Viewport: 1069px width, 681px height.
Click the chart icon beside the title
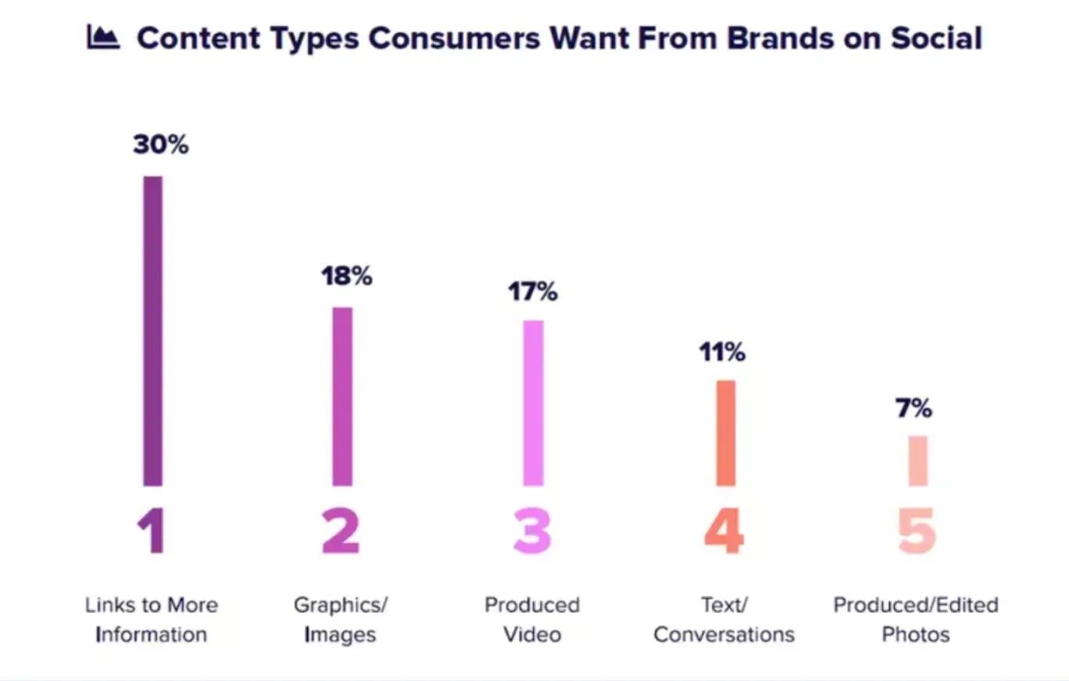[x=103, y=38]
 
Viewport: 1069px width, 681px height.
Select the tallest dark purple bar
[x=153, y=330]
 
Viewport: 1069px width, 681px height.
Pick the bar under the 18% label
[x=342, y=396]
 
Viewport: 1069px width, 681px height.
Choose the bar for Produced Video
[x=533, y=403]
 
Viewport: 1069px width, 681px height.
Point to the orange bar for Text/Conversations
[x=725, y=432]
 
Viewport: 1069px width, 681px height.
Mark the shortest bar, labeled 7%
[x=917, y=461]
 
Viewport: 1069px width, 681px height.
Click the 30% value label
[x=160, y=145]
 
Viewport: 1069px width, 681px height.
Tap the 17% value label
[x=532, y=292]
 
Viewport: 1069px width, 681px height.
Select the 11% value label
[x=722, y=353]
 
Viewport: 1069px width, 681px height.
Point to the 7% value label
[x=913, y=408]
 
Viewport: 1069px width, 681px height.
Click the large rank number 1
[x=151, y=531]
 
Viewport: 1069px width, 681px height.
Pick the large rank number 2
[x=341, y=531]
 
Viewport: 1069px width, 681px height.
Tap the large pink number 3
[x=532, y=531]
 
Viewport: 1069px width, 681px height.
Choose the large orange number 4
[x=724, y=531]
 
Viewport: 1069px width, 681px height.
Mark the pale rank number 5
[x=917, y=531]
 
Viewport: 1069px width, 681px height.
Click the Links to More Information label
[x=151, y=619]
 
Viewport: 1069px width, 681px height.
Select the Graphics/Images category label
[x=341, y=619]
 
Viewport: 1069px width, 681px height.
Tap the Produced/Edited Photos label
[x=916, y=619]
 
